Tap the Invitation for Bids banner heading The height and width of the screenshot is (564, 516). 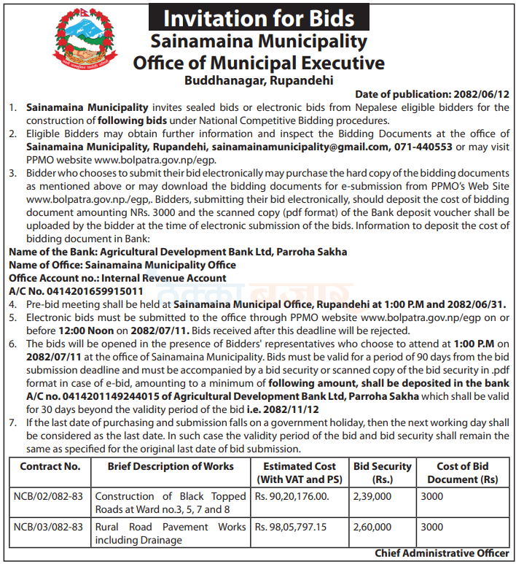click(x=258, y=18)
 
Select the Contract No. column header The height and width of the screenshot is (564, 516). click(x=50, y=466)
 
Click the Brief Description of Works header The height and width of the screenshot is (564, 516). click(x=171, y=466)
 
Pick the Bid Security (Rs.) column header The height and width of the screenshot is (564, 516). click(x=382, y=473)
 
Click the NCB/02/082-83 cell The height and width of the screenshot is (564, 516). click(x=49, y=496)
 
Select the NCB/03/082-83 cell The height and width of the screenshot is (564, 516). click(x=49, y=527)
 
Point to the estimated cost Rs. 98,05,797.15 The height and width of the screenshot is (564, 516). click(x=291, y=527)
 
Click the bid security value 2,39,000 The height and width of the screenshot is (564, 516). click(x=372, y=496)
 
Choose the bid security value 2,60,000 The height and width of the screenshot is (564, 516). click(x=372, y=527)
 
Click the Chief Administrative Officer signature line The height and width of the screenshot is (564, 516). click(x=442, y=554)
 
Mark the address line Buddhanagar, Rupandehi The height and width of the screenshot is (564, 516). click(x=258, y=81)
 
